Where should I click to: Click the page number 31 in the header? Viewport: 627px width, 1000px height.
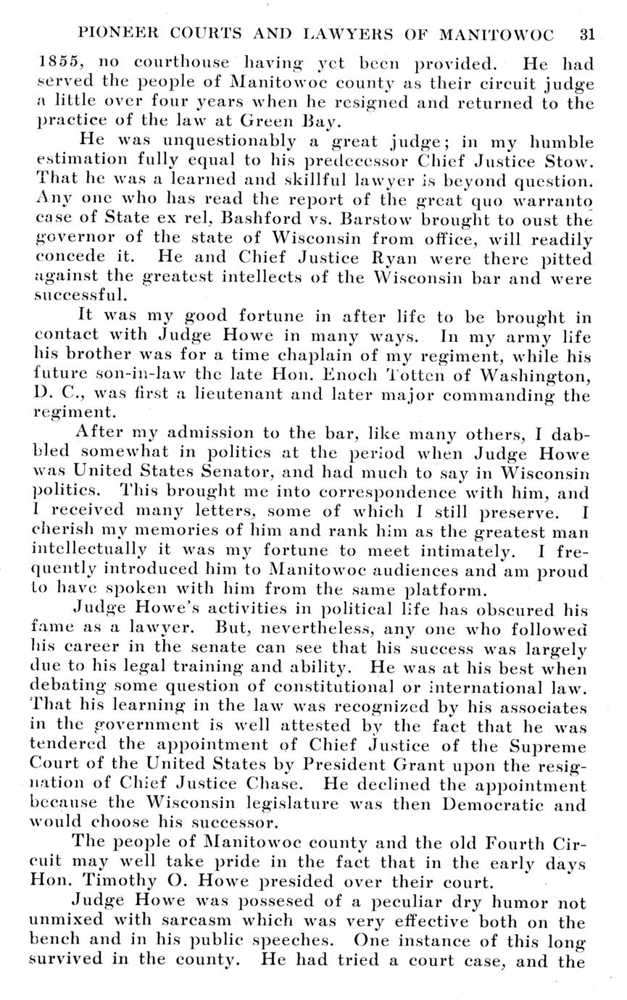[x=586, y=34]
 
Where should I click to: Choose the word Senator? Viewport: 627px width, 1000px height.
[x=226, y=475]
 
